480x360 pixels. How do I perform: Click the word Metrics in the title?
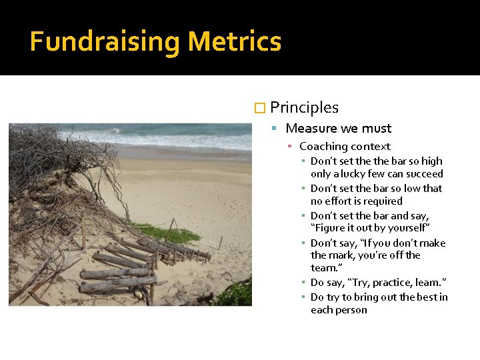[234, 42]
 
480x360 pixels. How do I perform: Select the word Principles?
[304, 107]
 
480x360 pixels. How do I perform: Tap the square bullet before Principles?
[260, 108]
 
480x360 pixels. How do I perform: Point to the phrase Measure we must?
[338, 128]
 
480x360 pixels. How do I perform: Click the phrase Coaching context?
[345, 147]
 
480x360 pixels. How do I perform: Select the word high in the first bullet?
[431, 161]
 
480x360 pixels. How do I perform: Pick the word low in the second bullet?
[410, 189]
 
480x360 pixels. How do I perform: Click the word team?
[324, 268]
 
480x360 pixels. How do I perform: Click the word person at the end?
[353, 309]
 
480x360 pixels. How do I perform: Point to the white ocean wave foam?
[167, 141]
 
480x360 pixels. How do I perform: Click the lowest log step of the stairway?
[113, 287]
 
